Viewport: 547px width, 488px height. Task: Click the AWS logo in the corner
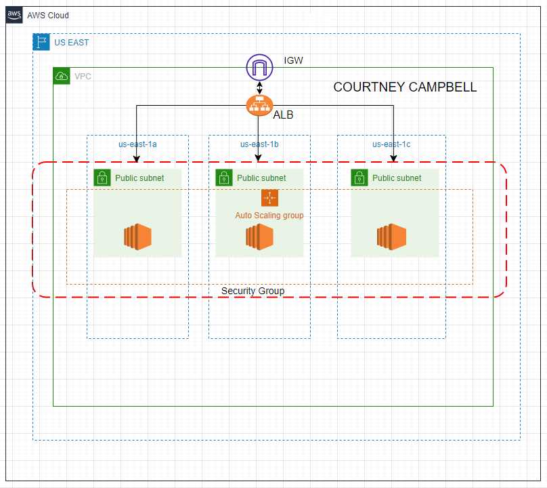[x=14, y=15]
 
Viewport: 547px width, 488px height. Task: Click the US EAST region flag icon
[x=41, y=42]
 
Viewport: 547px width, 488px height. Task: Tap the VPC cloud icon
[x=62, y=76]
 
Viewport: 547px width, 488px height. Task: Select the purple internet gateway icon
[x=259, y=67]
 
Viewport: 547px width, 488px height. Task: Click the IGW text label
[x=293, y=61]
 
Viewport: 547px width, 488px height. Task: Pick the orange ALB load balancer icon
[x=259, y=105]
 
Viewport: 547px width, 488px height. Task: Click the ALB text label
[x=283, y=115]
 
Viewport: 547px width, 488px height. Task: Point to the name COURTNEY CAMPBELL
[x=405, y=87]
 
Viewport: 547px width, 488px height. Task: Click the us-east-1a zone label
[x=137, y=144]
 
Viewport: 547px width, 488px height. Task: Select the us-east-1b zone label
[x=259, y=144]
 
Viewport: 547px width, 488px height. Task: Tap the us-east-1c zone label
[x=391, y=144]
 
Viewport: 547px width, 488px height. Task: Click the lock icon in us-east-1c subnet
[x=359, y=178]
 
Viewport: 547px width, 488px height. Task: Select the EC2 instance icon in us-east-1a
[x=137, y=237]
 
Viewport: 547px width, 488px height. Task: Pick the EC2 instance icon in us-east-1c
[x=391, y=237]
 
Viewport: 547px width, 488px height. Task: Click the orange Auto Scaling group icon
[x=269, y=198]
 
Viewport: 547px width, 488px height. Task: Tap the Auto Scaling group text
[x=269, y=216]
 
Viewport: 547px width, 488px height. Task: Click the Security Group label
[x=253, y=291]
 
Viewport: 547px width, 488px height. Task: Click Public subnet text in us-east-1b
[x=261, y=178]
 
